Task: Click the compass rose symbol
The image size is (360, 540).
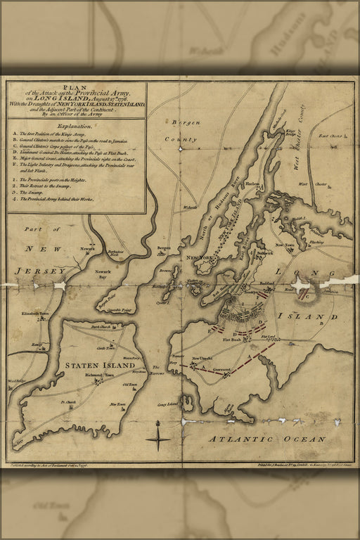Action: point(159,441)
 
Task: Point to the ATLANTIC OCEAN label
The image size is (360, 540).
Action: point(266,439)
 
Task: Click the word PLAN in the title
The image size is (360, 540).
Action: point(77,87)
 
